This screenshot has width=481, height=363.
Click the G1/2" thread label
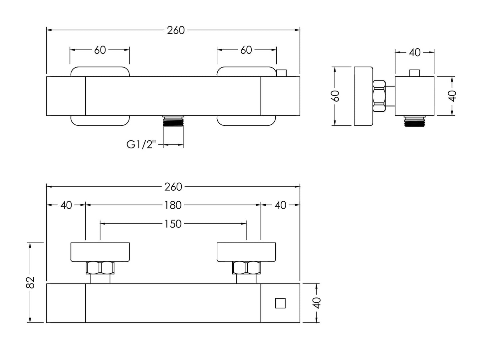click(x=141, y=145)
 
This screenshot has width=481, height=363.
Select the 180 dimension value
click(x=173, y=205)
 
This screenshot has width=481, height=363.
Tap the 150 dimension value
click(x=173, y=224)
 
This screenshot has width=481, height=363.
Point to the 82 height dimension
click(x=30, y=282)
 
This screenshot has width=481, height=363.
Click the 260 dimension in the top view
click(x=176, y=30)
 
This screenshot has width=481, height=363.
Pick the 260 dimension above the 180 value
click(x=173, y=187)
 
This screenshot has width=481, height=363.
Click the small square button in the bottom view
click(x=280, y=303)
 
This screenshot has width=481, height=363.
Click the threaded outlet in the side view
click(x=414, y=121)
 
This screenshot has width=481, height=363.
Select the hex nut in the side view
click(x=379, y=96)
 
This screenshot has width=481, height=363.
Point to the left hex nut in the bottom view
click(x=100, y=268)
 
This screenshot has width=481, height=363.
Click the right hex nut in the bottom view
click(x=246, y=268)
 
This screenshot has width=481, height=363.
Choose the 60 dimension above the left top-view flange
click(x=100, y=50)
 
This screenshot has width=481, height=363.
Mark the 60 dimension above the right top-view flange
click(x=246, y=50)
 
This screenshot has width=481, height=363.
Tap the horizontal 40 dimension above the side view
click(x=415, y=52)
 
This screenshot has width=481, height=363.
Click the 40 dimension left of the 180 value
click(x=66, y=205)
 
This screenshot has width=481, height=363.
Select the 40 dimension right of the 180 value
click(x=280, y=205)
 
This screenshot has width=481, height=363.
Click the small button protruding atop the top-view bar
click(x=282, y=73)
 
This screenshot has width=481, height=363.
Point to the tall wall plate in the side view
click(x=363, y=96)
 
